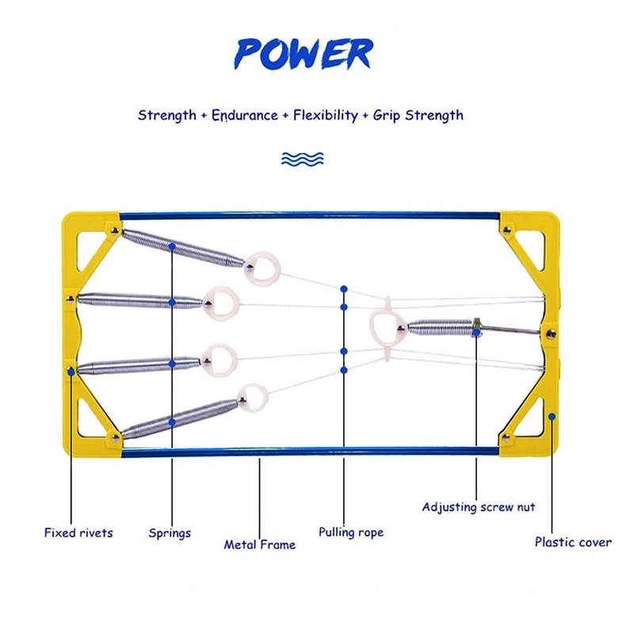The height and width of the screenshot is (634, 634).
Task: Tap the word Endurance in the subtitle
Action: click(x=243, y=116)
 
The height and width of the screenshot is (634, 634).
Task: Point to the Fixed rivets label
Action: click(x=78, y=533)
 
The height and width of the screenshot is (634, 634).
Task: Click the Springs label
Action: click(x=170, y=533)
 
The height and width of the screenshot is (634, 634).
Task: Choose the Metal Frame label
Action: click(x=260, y=545)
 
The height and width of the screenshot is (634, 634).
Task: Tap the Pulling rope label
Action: click(x=351, y=533)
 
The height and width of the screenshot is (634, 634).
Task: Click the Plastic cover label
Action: click(x=573, y=543)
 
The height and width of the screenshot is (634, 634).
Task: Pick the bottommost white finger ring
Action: click(x=253, y=398)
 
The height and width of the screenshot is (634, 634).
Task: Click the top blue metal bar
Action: click(x=309, y=216)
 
